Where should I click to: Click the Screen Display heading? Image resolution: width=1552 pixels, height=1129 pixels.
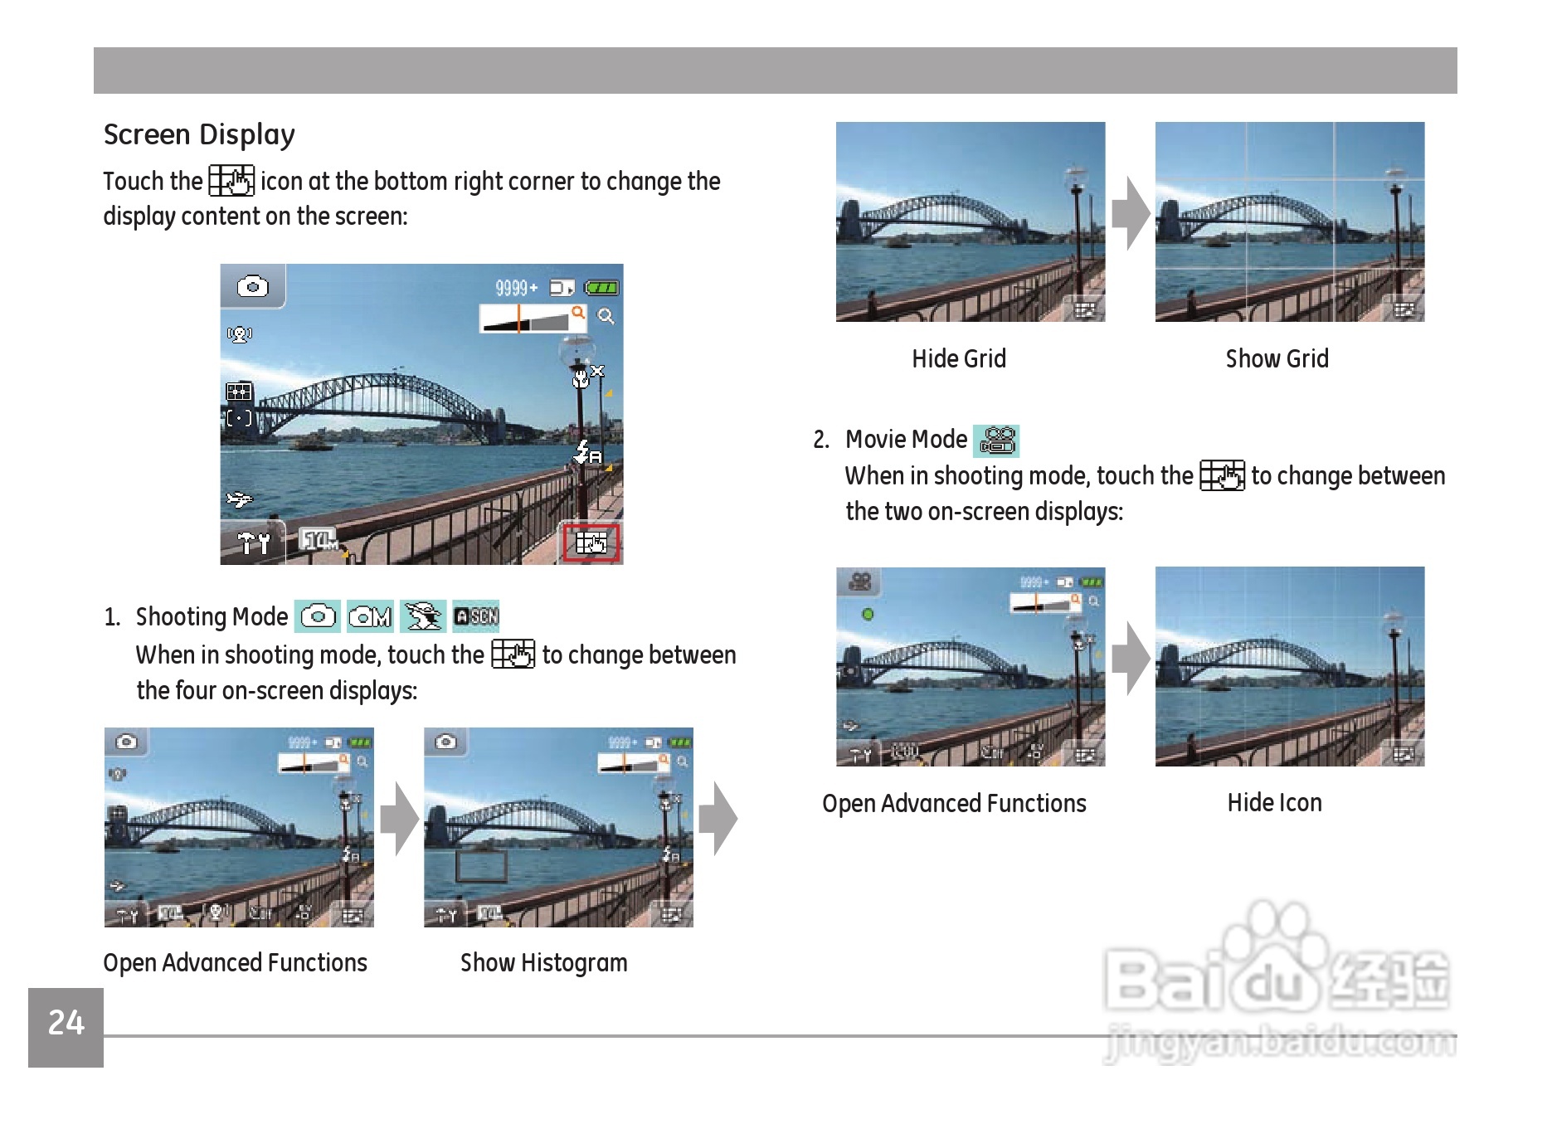[199, 135]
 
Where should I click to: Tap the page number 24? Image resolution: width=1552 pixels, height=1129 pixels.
[66, 1023]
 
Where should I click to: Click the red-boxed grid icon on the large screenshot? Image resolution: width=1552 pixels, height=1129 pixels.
[591, 543]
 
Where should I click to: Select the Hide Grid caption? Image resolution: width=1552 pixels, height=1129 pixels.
[959, 358]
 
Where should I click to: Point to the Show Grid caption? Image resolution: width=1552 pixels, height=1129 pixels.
[1277, 358]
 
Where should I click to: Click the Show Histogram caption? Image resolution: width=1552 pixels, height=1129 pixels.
[544, 963]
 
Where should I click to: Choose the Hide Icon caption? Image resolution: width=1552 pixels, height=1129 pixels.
[1275, 803]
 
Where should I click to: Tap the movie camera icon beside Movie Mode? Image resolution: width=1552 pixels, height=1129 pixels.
[997, 440]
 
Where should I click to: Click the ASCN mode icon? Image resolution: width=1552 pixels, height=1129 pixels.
[476, 616]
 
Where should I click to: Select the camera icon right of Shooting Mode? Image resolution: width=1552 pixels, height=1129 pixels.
[318, 616]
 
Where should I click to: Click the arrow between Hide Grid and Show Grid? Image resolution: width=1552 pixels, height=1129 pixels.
[1131, 214]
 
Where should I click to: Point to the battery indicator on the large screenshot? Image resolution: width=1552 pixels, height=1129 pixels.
[601, 288]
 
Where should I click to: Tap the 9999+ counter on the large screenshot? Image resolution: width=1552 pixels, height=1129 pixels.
[516, 288]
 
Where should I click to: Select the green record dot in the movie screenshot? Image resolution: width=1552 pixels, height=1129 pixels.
[868, 615]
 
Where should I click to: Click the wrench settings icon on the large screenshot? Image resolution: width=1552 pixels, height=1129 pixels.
[253, 543]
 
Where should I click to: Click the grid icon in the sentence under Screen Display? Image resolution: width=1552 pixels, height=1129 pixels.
[231, 181]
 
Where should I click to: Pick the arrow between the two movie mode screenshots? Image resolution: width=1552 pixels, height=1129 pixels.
[1131, 659]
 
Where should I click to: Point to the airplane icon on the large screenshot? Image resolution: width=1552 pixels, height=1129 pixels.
[240, 499]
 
